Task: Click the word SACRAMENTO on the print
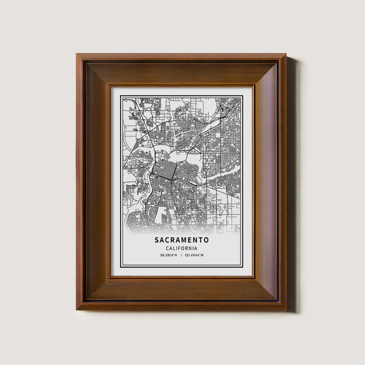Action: (181, 240)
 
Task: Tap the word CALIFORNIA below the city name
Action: (181, 248)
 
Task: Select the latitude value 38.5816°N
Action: (168, 255)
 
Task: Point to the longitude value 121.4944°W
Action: (194, 255)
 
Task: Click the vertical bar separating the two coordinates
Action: (181, 255)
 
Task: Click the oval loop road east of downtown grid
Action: (203, 175)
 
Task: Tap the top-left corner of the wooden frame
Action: (77, 54)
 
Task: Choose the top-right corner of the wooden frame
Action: (286, 54)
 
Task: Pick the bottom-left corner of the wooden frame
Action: (77, 310)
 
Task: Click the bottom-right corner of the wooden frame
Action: (286, 310)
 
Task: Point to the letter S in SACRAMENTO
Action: (157, 240)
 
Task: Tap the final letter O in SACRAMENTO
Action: (206, 240)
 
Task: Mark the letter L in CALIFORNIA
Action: (173, 248)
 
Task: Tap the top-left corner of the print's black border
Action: (121, 96)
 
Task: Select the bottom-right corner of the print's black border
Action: (242, 266)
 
